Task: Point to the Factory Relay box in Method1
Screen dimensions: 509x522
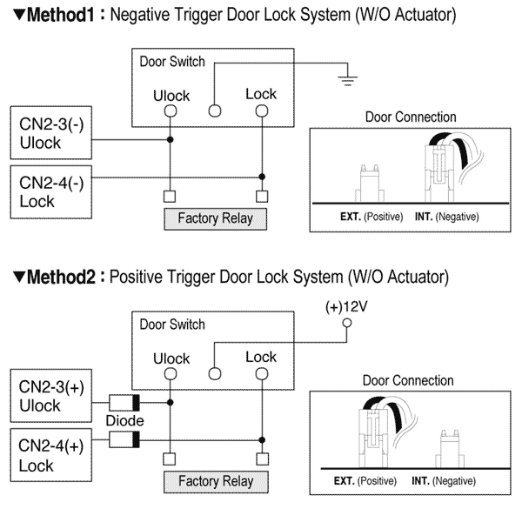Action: pos(215,217)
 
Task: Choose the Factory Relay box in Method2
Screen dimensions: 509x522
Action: pos(215,480)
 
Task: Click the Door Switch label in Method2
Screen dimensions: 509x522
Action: pos(171,325)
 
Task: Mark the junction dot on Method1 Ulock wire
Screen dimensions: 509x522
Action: pos(171,139)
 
